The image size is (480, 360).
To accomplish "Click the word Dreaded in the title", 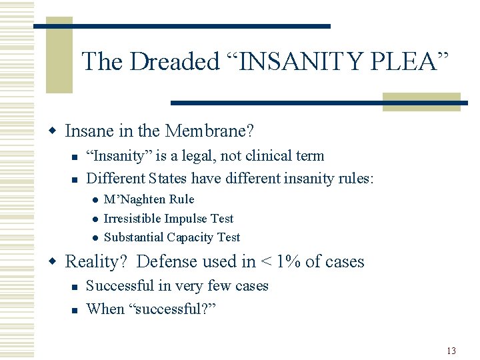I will tap(174, 62).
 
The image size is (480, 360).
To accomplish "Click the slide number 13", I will tap(451, 351).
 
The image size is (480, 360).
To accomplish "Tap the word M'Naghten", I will tap(135, 199).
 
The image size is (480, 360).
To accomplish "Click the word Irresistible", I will tap(133, 219).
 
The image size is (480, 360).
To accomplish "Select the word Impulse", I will tap(186, 219).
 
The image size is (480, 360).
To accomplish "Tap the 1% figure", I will tap(289, 261).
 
